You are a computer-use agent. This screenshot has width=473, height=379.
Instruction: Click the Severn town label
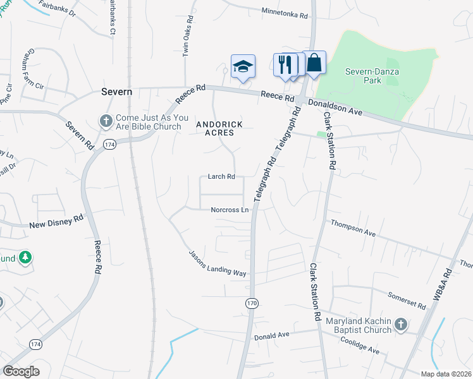point(117,92)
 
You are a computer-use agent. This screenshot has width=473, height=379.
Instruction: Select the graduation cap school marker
point(243,66)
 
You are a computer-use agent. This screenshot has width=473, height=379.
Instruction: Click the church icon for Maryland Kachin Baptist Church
point(400,325)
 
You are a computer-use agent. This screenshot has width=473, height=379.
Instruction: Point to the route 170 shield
point(252,304)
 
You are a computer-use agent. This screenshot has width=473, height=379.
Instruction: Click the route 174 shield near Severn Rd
point(109,145)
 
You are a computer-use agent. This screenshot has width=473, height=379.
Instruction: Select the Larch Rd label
point(222,177)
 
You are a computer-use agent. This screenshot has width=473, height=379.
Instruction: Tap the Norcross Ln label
point(230,210)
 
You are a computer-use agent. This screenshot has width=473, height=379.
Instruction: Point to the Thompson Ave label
point(353,229)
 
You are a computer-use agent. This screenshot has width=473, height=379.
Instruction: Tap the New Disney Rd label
point(56,222)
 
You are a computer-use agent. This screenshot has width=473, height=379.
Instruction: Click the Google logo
point(21,371)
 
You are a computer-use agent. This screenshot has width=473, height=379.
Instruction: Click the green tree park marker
point(25,258)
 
